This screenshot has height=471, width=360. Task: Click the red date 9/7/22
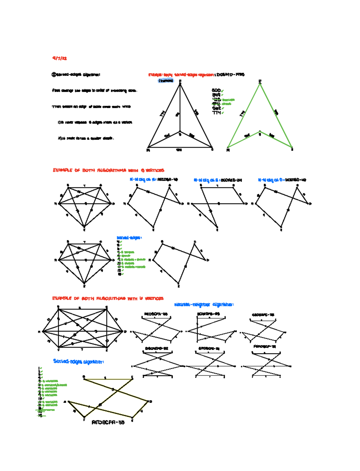59,58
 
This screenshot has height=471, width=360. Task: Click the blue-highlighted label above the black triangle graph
166,80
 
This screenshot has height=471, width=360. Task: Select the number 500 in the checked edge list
216,90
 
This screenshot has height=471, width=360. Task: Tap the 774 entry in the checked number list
217,113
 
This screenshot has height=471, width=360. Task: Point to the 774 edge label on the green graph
242,113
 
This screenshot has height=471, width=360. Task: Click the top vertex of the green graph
260,82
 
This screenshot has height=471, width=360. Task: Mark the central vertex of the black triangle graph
180,132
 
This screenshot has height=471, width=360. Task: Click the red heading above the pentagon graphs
108,170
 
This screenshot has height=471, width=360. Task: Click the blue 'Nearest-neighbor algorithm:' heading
204,304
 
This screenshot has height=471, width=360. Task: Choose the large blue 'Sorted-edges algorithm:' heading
78,361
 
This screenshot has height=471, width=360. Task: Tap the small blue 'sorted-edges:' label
129,238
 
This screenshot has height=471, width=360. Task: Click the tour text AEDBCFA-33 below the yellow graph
108,422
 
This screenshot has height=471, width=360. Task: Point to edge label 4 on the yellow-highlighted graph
141,411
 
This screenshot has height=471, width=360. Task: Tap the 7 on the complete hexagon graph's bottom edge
82,349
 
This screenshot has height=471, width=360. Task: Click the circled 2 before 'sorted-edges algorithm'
54,74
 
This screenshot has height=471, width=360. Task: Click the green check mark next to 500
223,91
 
